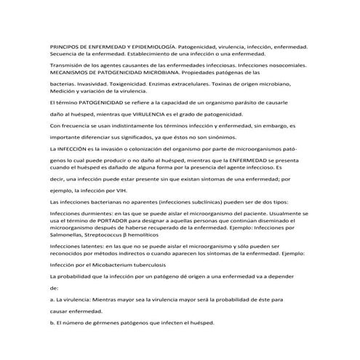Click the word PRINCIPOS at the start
(x=65, y=46)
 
